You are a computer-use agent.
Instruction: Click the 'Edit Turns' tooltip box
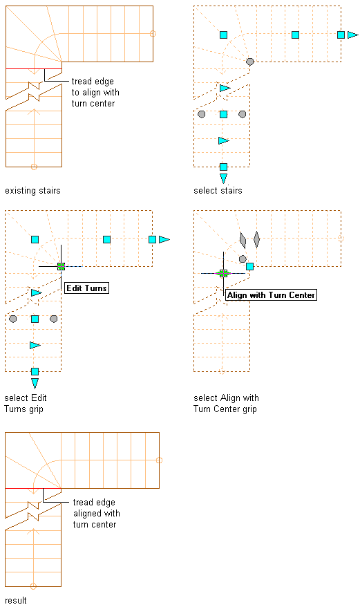coord(86,288)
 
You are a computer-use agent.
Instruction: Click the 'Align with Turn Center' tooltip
coord(271,295)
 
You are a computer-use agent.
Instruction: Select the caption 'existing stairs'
coord(32,190)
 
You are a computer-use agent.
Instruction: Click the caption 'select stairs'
coord(218,190)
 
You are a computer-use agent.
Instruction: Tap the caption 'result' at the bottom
coord(16,600)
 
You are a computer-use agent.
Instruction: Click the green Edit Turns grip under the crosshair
coord(61,266)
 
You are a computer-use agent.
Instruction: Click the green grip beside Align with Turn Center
coord(223,274)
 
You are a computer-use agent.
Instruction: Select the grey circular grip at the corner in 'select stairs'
coord(250,62)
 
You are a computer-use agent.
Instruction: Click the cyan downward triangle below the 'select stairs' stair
coord(223,178)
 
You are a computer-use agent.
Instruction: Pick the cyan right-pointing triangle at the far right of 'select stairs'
coord(352,35)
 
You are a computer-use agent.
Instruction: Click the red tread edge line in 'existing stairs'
coord(34,69)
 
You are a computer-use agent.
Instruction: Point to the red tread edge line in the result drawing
coord(33,489)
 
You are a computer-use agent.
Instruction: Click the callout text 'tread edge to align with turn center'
coord(95,93)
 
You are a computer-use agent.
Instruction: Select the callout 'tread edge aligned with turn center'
coord(96,513)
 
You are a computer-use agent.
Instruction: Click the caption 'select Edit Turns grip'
coord(26,403)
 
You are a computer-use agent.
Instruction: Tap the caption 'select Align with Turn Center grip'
coord(226,403)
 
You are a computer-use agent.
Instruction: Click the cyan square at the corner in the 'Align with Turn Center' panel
coord(249,266)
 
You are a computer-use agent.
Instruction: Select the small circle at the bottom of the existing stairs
coord(34,167)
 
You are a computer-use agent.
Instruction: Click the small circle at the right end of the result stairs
coord(159,460)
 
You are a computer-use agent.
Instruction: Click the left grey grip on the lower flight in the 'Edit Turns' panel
coord(12,319)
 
